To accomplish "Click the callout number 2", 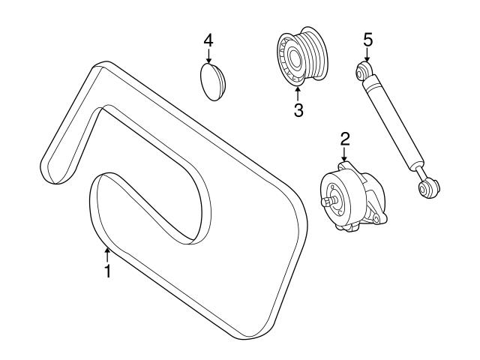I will pyautogui.click(x=345, y=138).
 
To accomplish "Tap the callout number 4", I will pyautogui.click(x=208, y=39).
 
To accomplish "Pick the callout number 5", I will pyautogui.click(x=367, y=39).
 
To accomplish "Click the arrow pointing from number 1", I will pyautogui.click(x=107, y=253).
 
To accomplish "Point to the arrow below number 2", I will pyautogui.click(x=345, y=155).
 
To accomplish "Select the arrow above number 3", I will pyautogui.click(x=298, y=93).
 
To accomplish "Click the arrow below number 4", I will pyautogui.click(x=208, y=55).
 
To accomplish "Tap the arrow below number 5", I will pyautogui.click(x=367, y=56).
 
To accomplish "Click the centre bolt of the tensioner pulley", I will pyautogui.click(x=328, y=201).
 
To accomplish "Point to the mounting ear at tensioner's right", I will pyautogui.click(x=382, y=218).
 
